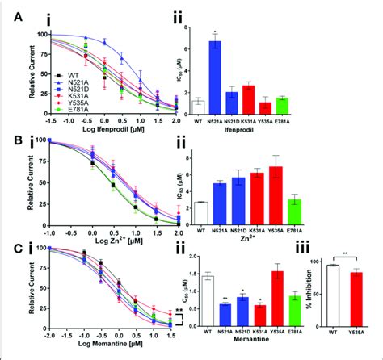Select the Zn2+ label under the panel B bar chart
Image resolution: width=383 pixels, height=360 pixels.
coord(240,242)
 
